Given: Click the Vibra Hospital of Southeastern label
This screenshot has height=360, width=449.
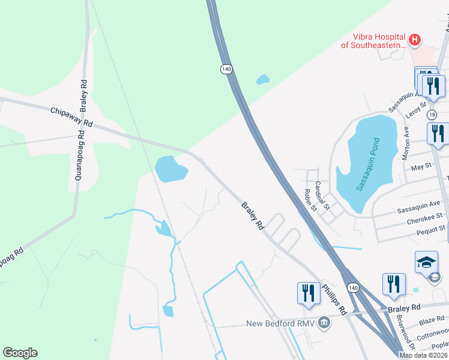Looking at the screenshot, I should pos(373,41).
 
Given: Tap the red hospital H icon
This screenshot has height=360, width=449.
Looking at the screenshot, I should pos(414,40).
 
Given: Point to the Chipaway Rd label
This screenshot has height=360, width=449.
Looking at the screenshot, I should pos(72,116).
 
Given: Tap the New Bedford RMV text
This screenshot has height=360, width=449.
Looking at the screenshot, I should pos(281,323).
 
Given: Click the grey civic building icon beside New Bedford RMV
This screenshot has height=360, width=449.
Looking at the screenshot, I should pos(324,323).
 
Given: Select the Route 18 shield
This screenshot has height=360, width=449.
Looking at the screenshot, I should pos(432,115).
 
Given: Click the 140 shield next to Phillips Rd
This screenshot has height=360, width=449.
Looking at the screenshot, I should pos(354,289).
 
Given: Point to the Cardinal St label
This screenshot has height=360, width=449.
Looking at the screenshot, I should pos(322,196).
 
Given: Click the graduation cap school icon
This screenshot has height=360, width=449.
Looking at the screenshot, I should pos(426,262).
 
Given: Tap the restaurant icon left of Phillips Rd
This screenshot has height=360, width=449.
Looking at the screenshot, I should pos(306,293).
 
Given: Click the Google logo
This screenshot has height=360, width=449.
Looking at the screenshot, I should pos(20,353).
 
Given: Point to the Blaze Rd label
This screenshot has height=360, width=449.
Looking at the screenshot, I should pos(432,319).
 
